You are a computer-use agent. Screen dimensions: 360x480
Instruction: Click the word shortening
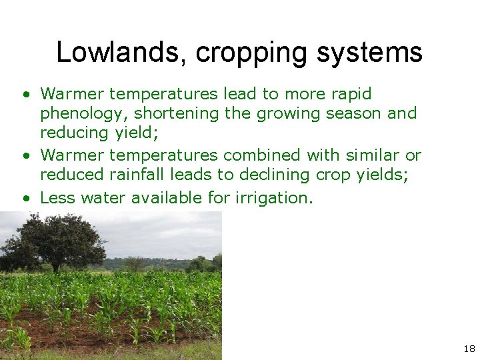point(177,113)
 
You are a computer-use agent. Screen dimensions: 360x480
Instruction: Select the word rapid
point(349,94)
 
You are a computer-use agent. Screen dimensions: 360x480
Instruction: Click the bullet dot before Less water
point(25,198)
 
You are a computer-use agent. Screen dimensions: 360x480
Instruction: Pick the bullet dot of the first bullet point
point(25,95)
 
